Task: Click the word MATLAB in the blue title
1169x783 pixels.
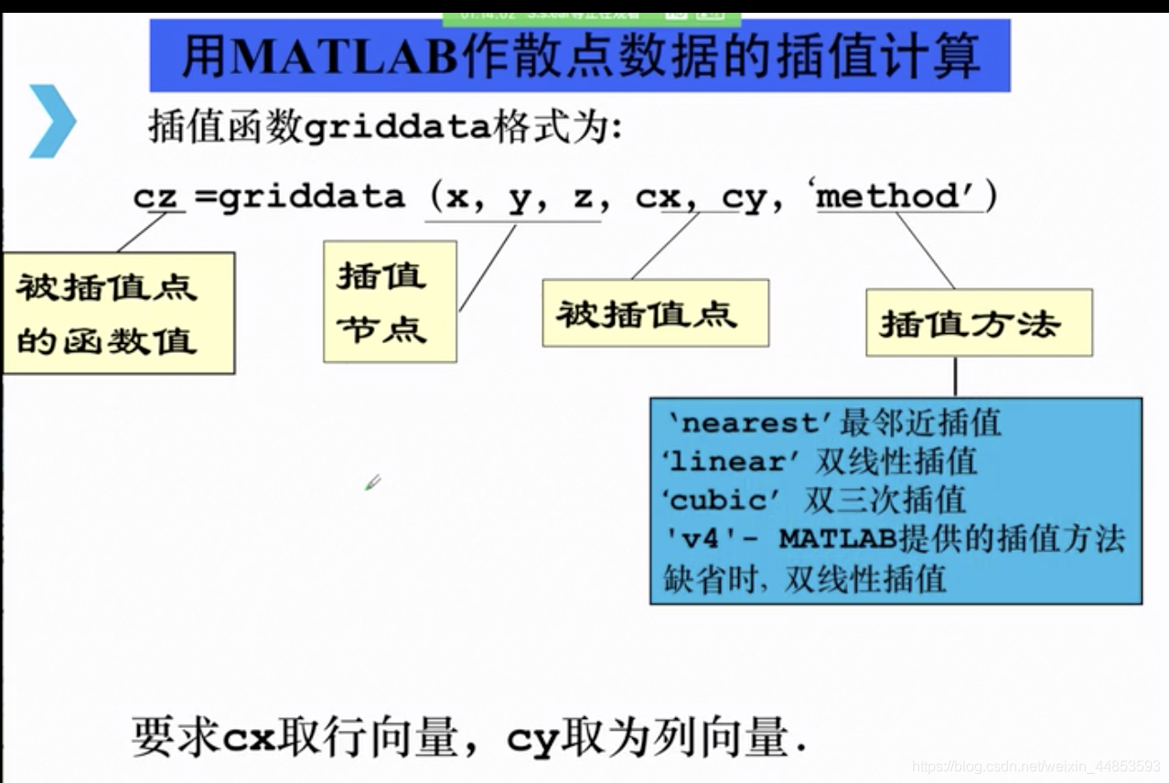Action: pyautogui.click(x=345, y=58)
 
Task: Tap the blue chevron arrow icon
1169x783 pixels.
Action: pyautogui.click(x=51, y=120)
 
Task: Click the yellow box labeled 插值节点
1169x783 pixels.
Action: pyautogui.click(x=390, y=302)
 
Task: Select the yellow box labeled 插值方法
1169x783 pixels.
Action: pyautogui.click(x=978, y=323)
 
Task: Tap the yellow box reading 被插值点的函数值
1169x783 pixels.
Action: pyautogui.click(x=118, y=313)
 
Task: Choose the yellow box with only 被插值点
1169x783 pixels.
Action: pyautogui.click(x=655, y=313)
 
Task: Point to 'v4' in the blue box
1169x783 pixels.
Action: pyautogui.click(x=701, y=539)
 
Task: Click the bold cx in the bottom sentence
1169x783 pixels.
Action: pyautogui.click(x=250, y=736)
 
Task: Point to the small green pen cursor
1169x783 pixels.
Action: pyautogui.click(x=372, y=482)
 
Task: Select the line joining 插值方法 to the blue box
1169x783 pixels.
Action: pyautogui.click(x=955, y=376)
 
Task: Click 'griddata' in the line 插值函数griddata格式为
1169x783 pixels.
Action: pyautogui.click(x=396, y=129)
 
